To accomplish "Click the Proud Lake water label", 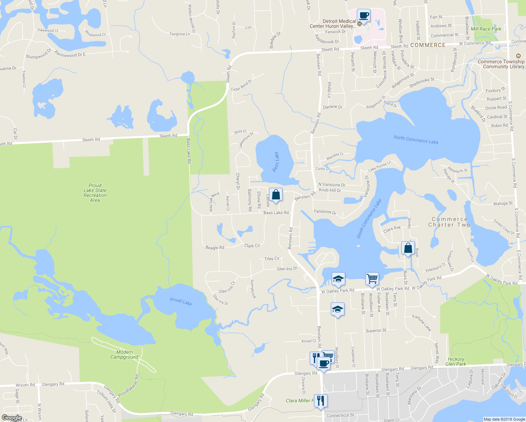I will click(x=181, y=301).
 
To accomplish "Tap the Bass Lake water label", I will click(x=276, y=162).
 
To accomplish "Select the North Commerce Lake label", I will click(x=416, y=140).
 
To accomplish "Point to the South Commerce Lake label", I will click(x=369, y=219).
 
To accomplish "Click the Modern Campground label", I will click(x=124, y=354).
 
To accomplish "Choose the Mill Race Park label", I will click(x=486, y=29).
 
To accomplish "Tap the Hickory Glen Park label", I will click(x=456, y=362).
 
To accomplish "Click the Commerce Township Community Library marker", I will click(x=518, y=56).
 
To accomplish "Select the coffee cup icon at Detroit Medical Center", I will click(x=364, y=15).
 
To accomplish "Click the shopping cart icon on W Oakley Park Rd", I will click(x=372, y=279).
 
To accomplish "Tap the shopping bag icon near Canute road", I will click(x=276, y=194).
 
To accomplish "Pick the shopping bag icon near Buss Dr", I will click(x=408, y=248).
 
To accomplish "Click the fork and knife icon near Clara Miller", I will click(x=320, y=401).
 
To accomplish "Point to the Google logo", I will click(x=12, y=418).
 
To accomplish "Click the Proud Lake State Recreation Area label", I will click(x=95, y=193).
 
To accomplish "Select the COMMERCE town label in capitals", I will click(x=428, y=45).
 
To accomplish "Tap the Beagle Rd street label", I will click(x=215, y=248).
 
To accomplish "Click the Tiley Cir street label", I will click(x=272, y=258).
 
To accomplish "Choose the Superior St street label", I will click(x=376, y=331).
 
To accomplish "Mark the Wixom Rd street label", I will click(x=25, y=385).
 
